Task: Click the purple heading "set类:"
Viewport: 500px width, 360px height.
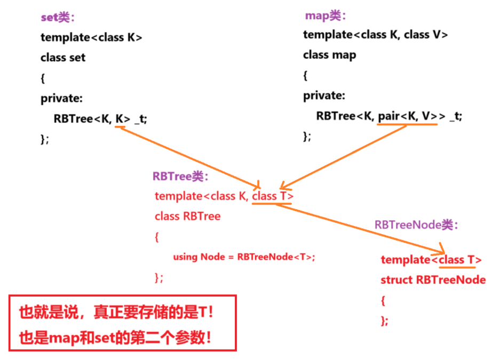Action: pos(58,17)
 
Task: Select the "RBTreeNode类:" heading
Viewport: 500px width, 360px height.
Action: pos(416,225)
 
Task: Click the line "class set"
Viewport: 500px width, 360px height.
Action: pos(63,57)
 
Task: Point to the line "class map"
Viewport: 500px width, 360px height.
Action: pos(329,55)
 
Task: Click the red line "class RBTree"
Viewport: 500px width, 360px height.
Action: pos(187,216)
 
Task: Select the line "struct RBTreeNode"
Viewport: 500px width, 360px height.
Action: pos(433,279)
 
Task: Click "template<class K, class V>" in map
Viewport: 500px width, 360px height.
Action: pos(376,35)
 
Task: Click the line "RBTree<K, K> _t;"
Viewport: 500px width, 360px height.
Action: pos(100,119)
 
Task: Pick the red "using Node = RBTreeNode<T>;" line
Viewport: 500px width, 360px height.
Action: pos(244,257)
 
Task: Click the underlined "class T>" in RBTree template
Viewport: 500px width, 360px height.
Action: pos(273,196)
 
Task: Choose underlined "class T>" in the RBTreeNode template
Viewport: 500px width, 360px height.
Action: pos(460,260)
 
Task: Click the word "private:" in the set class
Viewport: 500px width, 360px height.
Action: pos(62,98)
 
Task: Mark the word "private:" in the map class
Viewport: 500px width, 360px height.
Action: pos(324,96)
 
